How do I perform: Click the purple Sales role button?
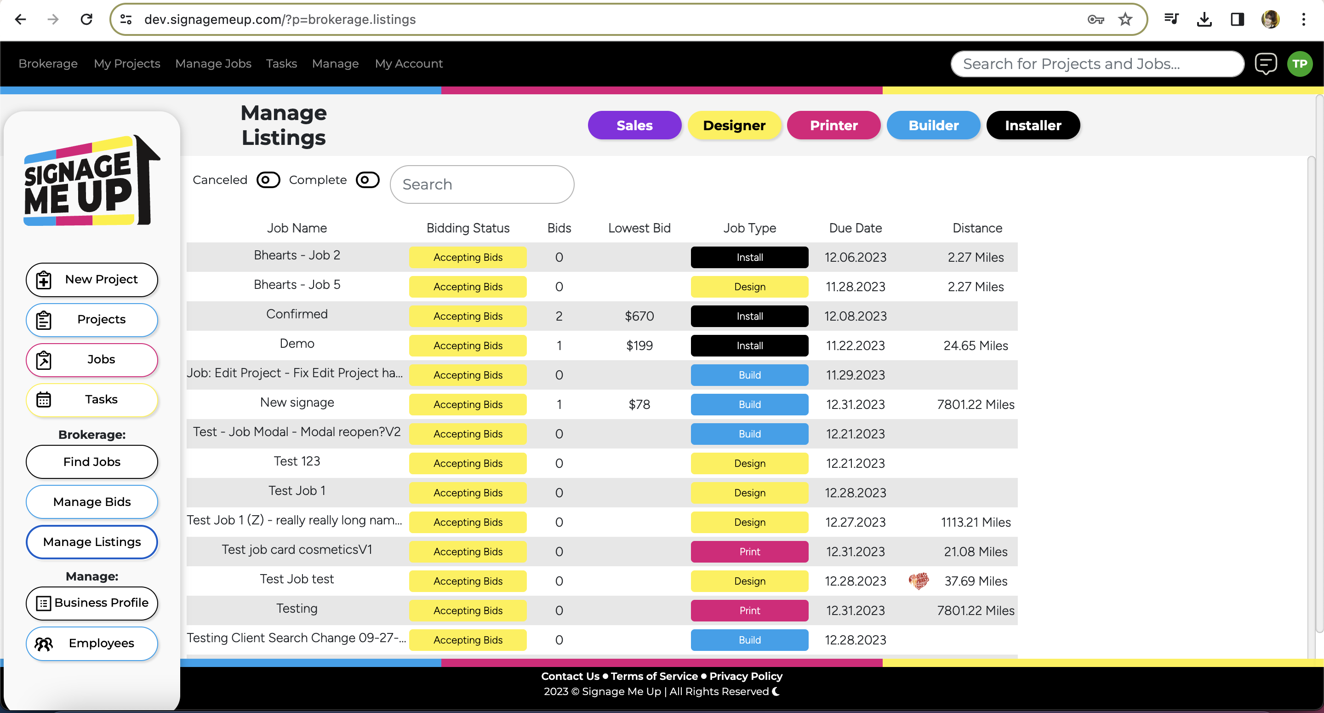tap(634, 126)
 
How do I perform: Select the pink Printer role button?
tap(833, 126)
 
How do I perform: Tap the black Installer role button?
tap(1033, 126)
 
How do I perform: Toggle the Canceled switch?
tap(268, 180)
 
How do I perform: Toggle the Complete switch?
tap(367, 180)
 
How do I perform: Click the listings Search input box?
tap(482, 184)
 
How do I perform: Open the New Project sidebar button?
tap(92, 279)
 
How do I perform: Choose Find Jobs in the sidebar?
tap(92, 461)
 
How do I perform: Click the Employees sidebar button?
tap(92, 643)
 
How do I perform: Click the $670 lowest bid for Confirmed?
tap(639, 316)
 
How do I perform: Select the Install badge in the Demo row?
tap(749, 346)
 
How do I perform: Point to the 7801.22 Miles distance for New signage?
tap(975, 404)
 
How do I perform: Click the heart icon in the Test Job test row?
tap(919, 581)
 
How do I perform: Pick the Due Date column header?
tap(855, 228)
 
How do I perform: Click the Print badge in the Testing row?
tap(749, 610)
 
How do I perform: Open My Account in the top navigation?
tap(409, 63)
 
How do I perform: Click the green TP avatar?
tap(1299, 64)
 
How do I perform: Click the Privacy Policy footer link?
tap(745, 676)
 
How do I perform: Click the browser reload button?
tap(86, 19)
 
